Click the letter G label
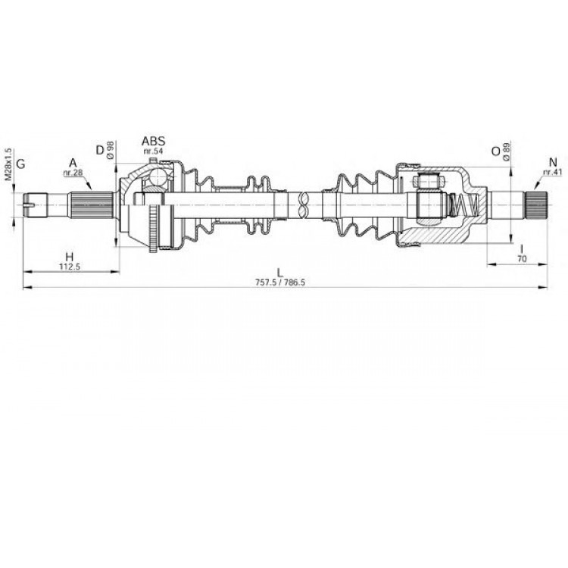coord(21,164)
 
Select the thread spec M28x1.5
coord(8,164)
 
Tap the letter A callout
coord(73,163)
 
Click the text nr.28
coord(73,173)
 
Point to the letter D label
coord(100,150)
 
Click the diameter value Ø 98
coord(111,150)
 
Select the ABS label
coord(153,141)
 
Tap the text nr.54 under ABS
coord(153,151)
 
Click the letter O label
coord(495,151)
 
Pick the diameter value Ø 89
coord(507,151)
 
